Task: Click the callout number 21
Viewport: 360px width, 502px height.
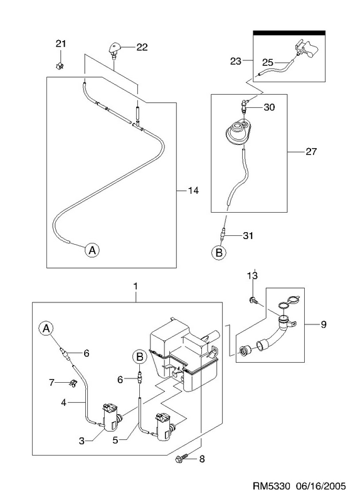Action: [x=61, y=43]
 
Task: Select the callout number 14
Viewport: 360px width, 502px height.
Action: [x=193, y=191]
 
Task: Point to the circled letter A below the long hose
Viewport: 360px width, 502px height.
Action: [x=92, y=250]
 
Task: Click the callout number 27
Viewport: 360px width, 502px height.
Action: [x=310, y=151]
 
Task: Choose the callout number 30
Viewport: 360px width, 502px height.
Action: [x=269, y=107]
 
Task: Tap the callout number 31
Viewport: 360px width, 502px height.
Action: [x=248, y=236]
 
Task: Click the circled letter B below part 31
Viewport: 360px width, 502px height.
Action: [x=219, y=253]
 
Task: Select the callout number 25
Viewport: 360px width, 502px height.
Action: [x=268, y=62]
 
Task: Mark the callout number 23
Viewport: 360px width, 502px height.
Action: [x=236, y=61]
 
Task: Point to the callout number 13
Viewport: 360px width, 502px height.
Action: [x=253, y=275]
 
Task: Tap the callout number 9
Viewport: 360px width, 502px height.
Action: [x=324, y=324]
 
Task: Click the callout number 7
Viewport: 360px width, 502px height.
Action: [x=51, y=382]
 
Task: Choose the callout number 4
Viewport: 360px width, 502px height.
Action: [x=64, y=402]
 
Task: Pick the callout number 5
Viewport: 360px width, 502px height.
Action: [x=115, y=441]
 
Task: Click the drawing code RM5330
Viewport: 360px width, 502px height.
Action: [x=272, y=486]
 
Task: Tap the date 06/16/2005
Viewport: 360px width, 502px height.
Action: [x=321, y=486]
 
